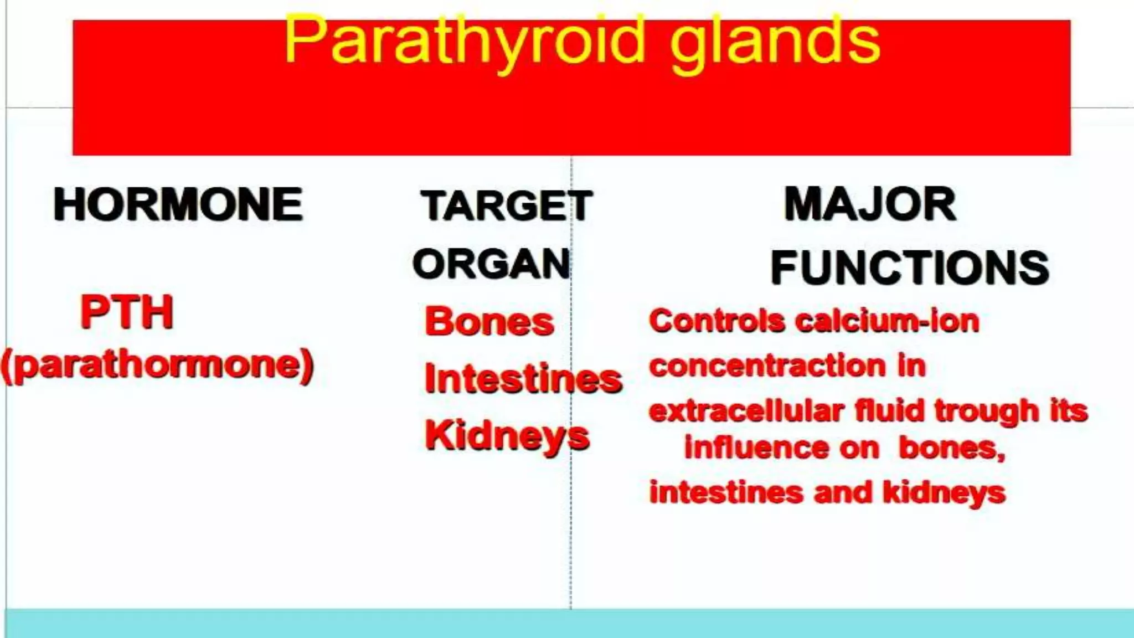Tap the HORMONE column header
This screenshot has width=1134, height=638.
point(178,205)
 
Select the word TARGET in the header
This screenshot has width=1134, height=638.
point(506,206)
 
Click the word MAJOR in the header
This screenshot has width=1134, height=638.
point(870,205)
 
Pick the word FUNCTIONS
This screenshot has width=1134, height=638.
point(909,268)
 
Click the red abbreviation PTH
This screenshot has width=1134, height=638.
point(127,312)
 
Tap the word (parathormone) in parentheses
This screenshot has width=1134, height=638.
point(158,366)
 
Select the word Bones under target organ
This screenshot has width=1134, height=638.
point(489,322)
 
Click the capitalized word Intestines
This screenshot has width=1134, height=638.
point(523,379)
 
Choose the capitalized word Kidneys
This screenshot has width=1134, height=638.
point(507,436)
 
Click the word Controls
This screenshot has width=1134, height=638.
point(717,321)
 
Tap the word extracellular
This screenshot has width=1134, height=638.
point(746,411)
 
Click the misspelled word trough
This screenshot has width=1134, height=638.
point(987,411)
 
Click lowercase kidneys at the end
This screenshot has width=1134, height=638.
point(944,492)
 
